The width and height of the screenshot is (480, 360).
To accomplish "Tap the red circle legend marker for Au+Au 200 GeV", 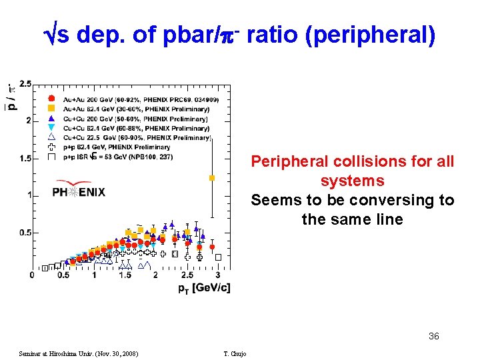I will (51, 99).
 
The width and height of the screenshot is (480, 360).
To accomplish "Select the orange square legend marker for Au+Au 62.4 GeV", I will (51, 109).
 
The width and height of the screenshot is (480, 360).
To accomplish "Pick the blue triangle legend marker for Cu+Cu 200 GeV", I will (51, 118).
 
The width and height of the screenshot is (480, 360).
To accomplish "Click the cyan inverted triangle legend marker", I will (51, 127).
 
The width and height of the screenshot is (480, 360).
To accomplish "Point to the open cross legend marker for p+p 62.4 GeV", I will (51, 147).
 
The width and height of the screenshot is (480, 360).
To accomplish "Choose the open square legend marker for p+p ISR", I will (51, 157).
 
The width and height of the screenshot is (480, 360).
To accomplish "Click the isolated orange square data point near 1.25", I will (212, 178).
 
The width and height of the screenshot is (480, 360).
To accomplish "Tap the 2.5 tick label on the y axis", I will (25, 83).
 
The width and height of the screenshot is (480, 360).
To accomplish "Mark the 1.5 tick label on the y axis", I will (25, 158).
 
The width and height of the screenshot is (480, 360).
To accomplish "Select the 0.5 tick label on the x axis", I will (63, 275).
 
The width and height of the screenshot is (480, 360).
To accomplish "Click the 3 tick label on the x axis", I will (218, 275).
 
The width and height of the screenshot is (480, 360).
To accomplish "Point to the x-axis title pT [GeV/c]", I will (204, 287).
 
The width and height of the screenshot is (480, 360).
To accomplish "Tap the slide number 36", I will (434, 337).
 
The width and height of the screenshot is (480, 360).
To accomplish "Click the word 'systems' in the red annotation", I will (352, 181).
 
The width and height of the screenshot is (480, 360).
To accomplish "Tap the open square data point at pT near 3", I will (218, 257).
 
